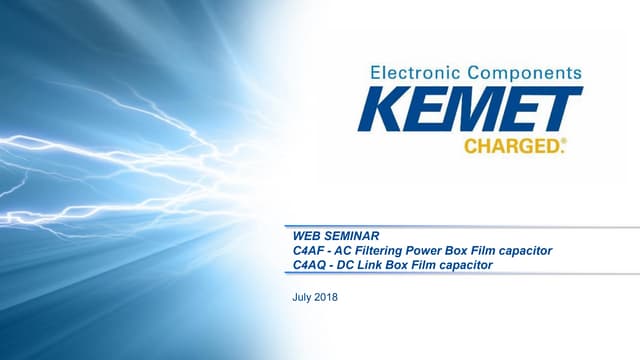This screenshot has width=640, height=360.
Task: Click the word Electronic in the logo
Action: [x=411, y=73]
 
